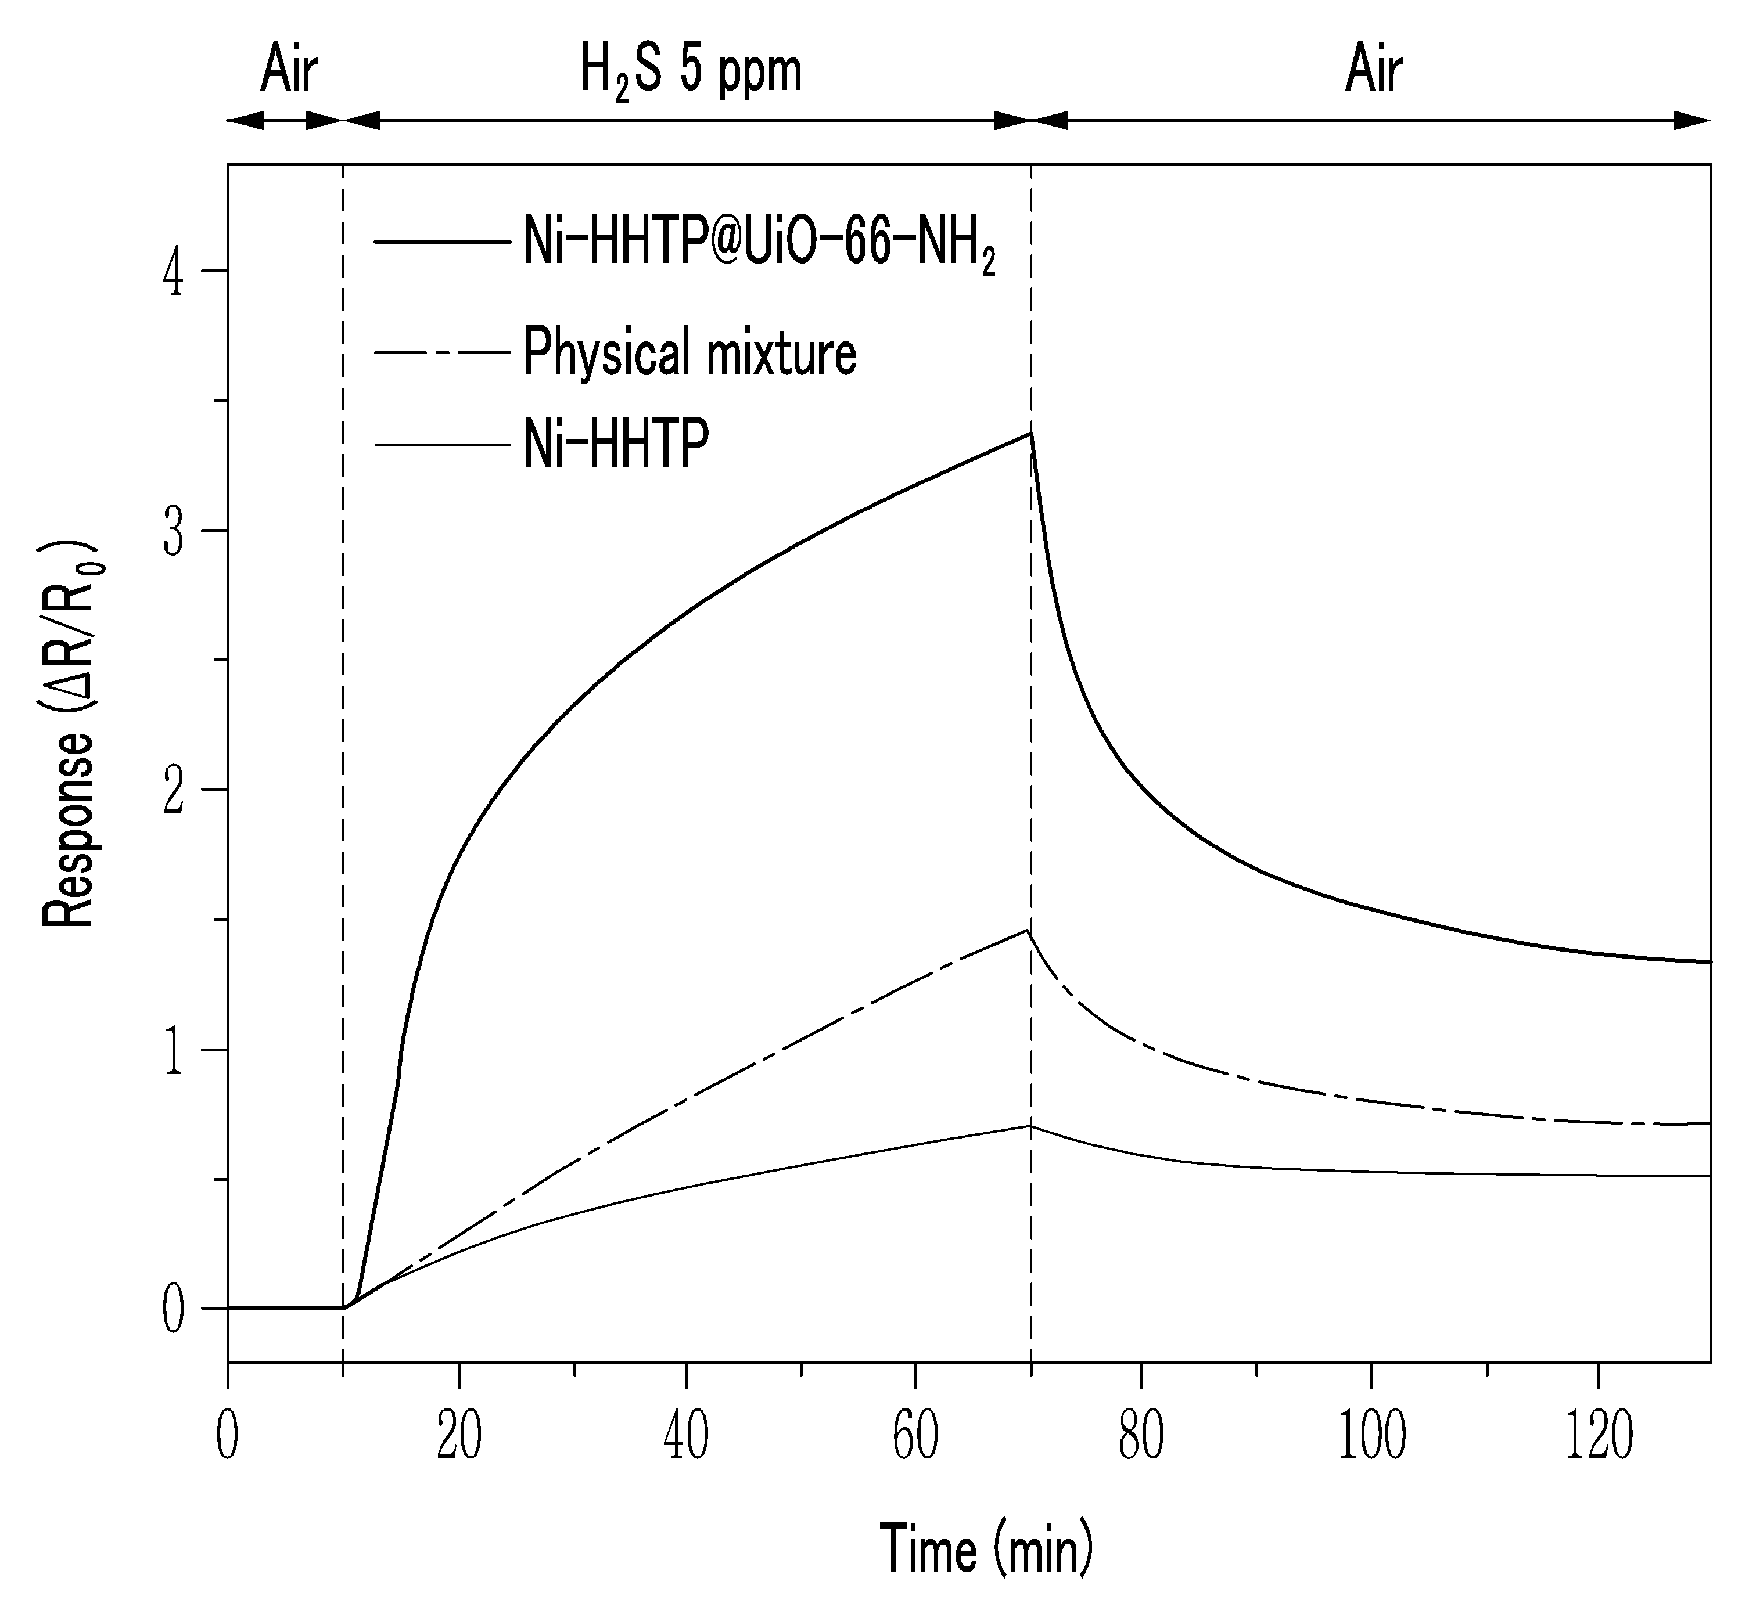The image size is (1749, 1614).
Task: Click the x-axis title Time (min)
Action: point(986,1548)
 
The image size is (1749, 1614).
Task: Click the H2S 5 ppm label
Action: point(690,73)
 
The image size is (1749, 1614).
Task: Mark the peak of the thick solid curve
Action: point(1031,433)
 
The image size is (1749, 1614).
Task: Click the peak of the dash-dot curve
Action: point(1028,931)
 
